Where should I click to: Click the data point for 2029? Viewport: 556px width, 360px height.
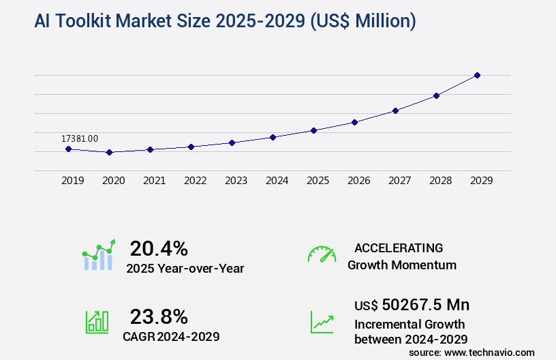coord(477,75)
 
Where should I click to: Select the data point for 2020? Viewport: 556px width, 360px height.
coord(109,152)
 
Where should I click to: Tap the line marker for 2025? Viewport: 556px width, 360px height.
coord(313,130)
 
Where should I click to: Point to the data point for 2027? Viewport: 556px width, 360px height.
coord(395,110)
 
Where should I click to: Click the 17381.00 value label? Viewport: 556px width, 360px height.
coord(80,138)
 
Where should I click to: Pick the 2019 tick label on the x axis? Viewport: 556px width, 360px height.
coord(73,181)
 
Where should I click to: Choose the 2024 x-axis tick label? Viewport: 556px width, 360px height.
coord(277,181)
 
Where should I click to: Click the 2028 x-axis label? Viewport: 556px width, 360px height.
coord(441,181)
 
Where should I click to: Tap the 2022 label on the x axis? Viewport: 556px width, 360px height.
coord(196,181)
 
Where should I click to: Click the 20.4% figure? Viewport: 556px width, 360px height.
coord(159,248)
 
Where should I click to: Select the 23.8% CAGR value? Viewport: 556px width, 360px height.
coord(159,316)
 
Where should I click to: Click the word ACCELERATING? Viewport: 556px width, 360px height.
coord(399,248)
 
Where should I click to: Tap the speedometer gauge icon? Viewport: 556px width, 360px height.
coord(322,254)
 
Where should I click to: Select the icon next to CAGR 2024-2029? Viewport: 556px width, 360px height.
coord(96,322)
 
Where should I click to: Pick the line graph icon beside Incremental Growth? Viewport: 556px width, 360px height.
coord(322,322)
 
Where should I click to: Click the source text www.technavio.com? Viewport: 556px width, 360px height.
coord(489,352)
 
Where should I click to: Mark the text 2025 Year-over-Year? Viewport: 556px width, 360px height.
coord(185,269)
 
